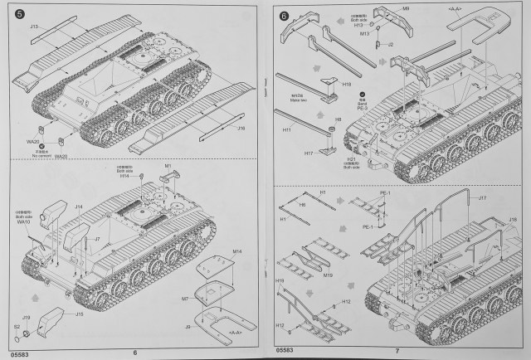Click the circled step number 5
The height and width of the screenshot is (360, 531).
coord(17,13)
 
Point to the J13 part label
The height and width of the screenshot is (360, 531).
coord(35,27)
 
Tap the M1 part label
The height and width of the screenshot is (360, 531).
coord(168,167)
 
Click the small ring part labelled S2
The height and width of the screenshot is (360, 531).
coord(26,333)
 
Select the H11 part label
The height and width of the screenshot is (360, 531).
coord(287,131)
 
